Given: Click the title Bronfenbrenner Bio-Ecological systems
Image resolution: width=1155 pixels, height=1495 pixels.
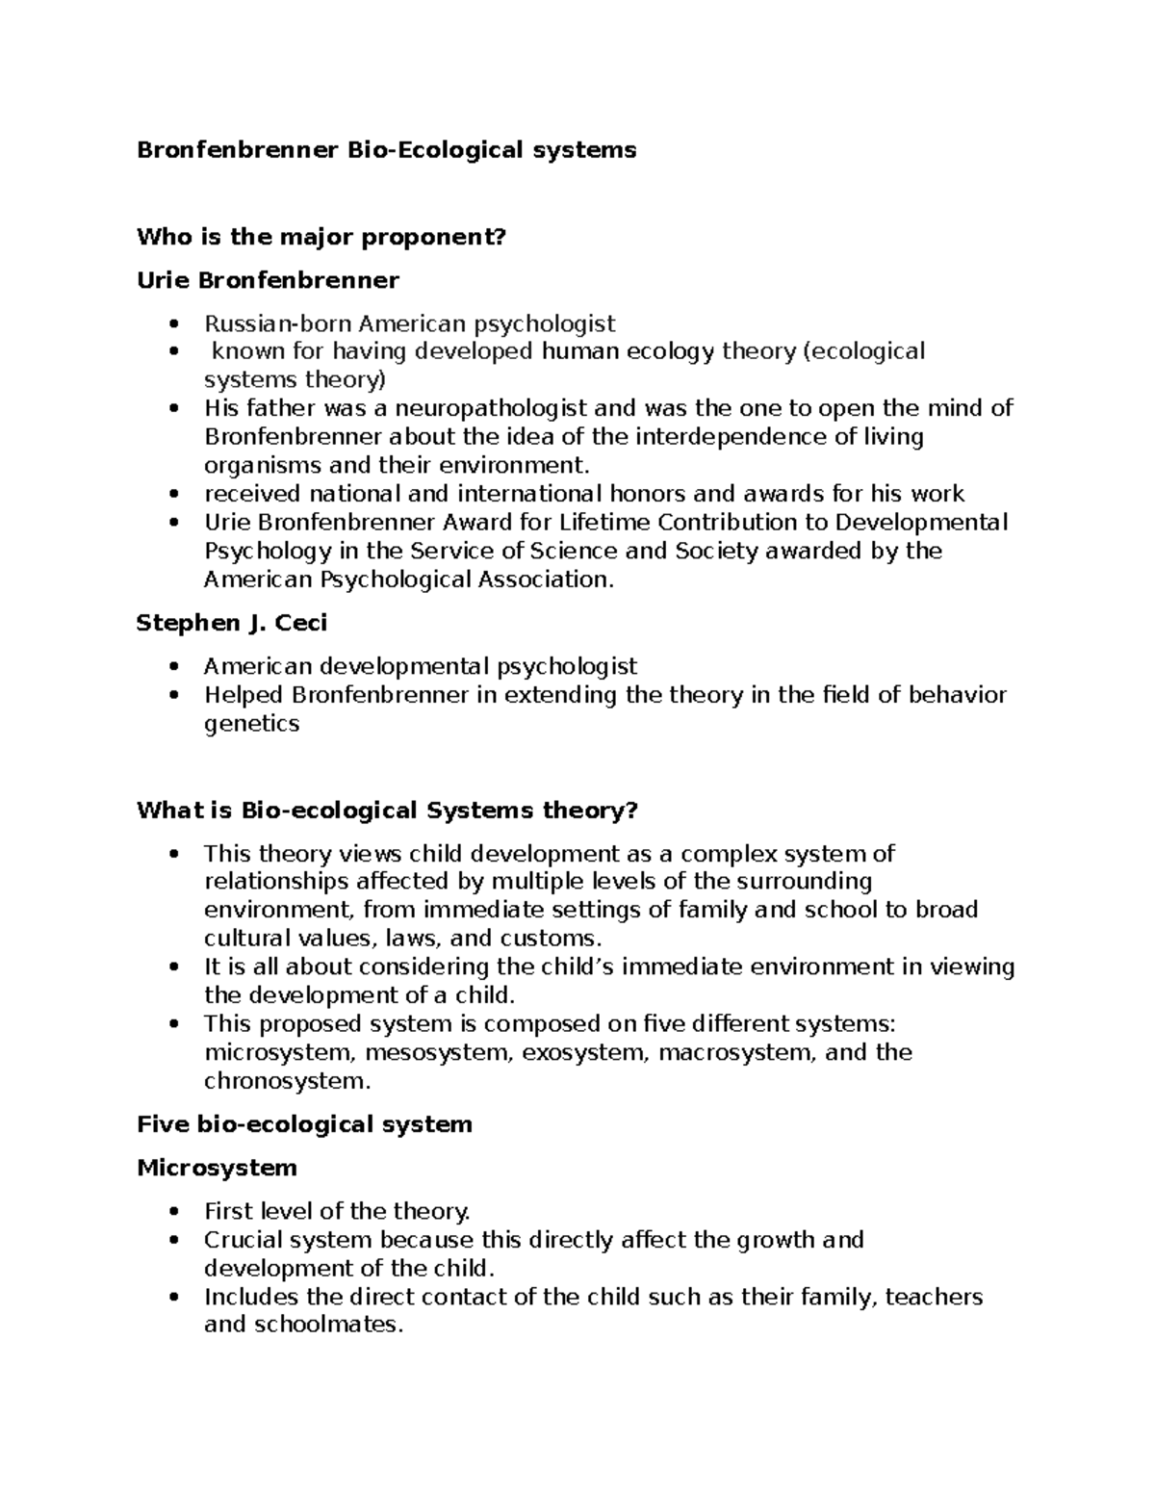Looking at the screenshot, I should click(x=386, y=150).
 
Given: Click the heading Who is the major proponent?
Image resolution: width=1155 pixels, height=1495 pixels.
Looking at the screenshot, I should click(x=321, y=237).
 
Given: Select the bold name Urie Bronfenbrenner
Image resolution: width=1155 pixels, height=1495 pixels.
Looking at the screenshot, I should click(x=268, y=280).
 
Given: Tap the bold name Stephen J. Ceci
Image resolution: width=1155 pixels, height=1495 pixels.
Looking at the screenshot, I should click(x=232, y=623).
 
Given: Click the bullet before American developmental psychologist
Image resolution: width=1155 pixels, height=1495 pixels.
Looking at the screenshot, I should click(x=172, y=666).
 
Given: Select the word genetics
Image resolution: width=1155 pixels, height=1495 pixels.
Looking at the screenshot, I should click(x=252, y=724).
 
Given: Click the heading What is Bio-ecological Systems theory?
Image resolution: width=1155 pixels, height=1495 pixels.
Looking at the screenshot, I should click(x=387, y=811).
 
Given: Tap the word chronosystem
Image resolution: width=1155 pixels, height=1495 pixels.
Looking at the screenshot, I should click(x=285, y=1081).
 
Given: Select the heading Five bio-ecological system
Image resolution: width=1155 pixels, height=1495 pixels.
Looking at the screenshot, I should click(x=304, y=1124).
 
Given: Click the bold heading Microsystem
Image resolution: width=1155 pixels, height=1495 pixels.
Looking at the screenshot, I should click(x=217, y=1168).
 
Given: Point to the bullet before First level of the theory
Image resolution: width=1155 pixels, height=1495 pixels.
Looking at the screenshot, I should click(x=172, y=1211).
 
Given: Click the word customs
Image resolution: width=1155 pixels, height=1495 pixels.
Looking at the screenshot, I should click(x=547, y=939).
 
